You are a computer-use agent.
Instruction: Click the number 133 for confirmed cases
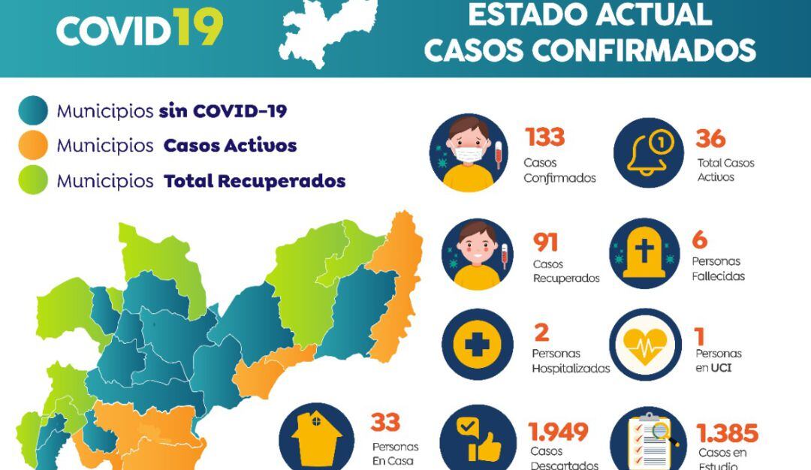click(544, 138)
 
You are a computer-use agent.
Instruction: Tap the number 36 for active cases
click(710, 139)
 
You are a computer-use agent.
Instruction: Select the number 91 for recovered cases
click(546, 242)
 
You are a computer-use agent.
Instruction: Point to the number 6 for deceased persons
click(700, 240)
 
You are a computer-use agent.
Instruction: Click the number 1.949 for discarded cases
click(558, 432)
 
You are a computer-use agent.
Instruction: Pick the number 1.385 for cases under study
click(727, 433)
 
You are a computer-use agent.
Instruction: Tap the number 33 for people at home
click(385, 423)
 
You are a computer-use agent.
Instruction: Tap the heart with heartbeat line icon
click(645, 345)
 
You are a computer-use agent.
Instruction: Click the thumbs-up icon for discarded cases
click(476, 440)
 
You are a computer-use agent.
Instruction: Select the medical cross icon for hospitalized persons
click(477, 345)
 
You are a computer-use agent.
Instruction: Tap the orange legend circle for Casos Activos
click(33, 145)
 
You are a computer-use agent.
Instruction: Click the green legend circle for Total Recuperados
click(33, 181)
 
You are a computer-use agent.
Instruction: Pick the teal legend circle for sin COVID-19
click(33, 111)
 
